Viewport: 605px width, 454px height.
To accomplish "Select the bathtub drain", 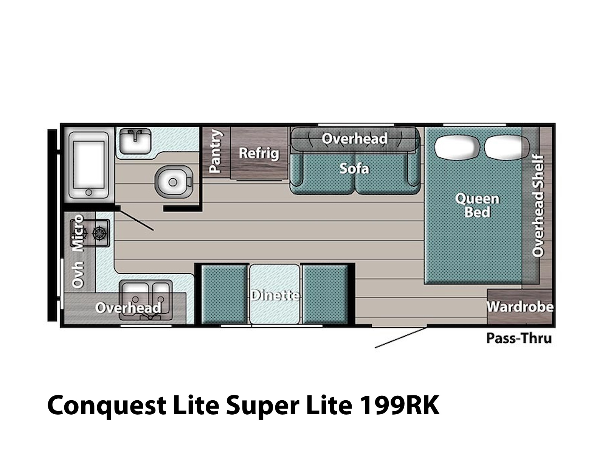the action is [x=89, y=192].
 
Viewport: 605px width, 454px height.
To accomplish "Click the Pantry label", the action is [x=215, y=151].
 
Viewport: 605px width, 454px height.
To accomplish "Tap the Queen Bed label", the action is [x=477, y=205].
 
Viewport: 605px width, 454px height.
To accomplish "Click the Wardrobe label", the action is [x=520, y=306].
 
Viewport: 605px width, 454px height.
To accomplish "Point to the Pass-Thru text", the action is [x=519, y=338].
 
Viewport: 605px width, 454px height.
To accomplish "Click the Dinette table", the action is [x=275, y=294].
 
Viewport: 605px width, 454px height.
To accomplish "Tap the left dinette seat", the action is [x=224, y=294].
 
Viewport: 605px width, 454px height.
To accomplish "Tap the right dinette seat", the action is [x=325, y=294].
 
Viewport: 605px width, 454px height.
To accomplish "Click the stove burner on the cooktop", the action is [x=99, y=233].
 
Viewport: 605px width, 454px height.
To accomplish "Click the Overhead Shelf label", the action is [x=538, y=206].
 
